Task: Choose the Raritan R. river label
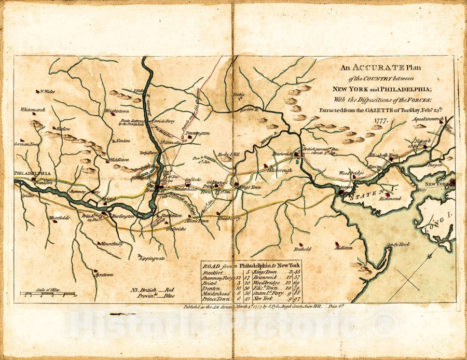[x=249, y=110]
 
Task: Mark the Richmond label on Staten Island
[x=390, y=198]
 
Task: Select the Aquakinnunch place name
[x=428, y=119]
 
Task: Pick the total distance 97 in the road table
[x=297, y=299]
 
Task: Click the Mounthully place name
[x=112, y=243]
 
